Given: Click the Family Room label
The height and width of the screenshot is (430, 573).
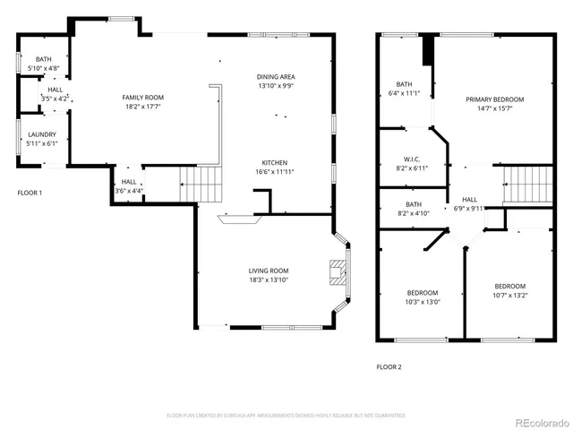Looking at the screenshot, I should coord(143,101).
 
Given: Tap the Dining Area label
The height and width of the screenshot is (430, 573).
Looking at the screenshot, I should coord(276,82).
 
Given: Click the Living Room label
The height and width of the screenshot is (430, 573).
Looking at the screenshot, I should coord(268,275).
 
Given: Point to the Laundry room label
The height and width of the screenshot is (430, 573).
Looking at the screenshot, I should coord(42,138).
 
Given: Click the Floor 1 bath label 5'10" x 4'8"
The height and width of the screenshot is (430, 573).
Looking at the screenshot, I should coord(43,64).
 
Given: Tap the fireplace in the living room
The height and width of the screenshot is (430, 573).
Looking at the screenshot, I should coord(338,272).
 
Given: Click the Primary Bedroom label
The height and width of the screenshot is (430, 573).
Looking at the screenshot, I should coord(494,104).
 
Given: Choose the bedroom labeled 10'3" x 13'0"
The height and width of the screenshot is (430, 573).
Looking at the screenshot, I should coord(423,297).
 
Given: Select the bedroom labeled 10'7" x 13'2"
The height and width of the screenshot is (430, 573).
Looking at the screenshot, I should coord(509,291).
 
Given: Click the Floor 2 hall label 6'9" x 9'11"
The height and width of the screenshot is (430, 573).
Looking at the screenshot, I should coord(469,203).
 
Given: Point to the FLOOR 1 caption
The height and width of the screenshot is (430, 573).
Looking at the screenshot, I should coord(30,193).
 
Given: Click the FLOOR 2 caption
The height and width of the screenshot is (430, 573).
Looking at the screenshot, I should coord(389,366).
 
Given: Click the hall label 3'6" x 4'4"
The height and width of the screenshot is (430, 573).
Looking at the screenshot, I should coord(128,186).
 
